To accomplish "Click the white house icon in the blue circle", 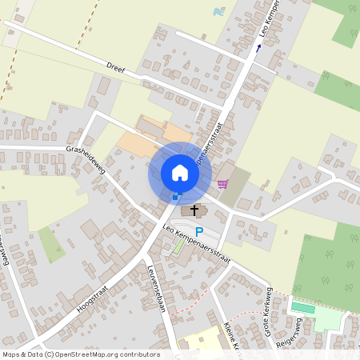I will click(x=180, y=172).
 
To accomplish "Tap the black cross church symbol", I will click(x=194, y=210).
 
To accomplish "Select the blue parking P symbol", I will click(x=199, y=232).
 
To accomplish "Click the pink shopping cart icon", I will click(x=222, y=183).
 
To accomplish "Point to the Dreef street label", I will click(x=117, y=65).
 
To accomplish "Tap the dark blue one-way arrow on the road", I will click(x=258, y=48).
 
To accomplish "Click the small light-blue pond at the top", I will click(x=218, y=12).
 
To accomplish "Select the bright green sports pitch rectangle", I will click(x=303, y=307).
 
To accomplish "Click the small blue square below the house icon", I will click(x=175, y=196).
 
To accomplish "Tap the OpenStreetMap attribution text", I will click(x=80, y=354).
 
